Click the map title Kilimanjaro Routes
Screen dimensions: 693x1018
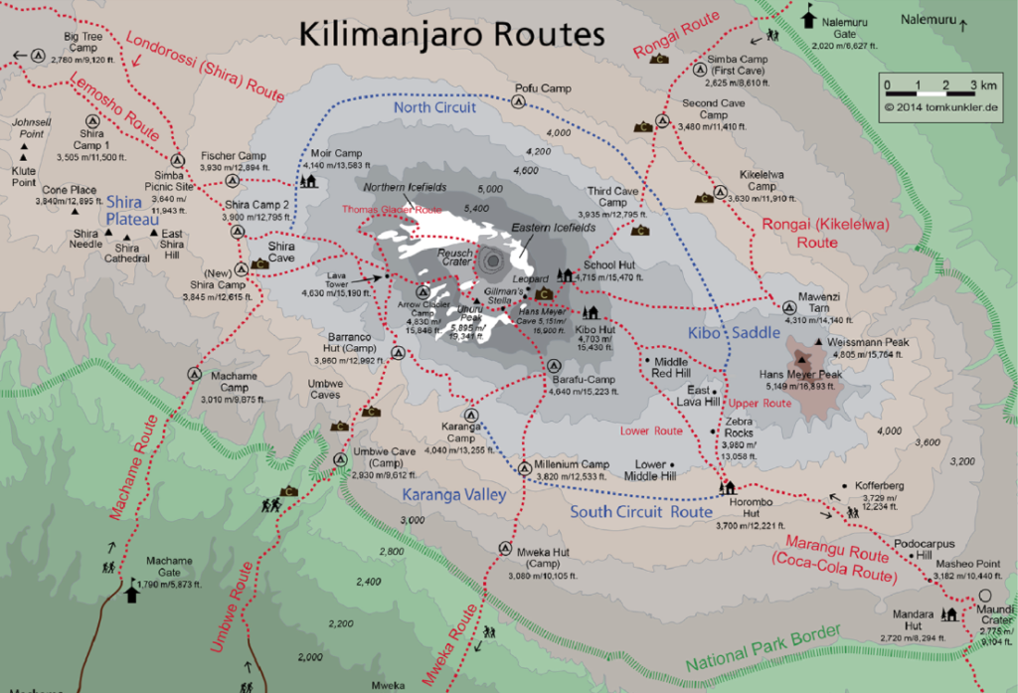452,34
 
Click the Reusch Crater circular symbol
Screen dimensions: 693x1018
493,261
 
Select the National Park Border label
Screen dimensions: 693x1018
763,648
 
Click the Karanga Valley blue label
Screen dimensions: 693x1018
454,494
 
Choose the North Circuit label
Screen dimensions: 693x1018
434,107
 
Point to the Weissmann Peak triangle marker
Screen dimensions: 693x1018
818,342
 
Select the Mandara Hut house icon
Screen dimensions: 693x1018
949,613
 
